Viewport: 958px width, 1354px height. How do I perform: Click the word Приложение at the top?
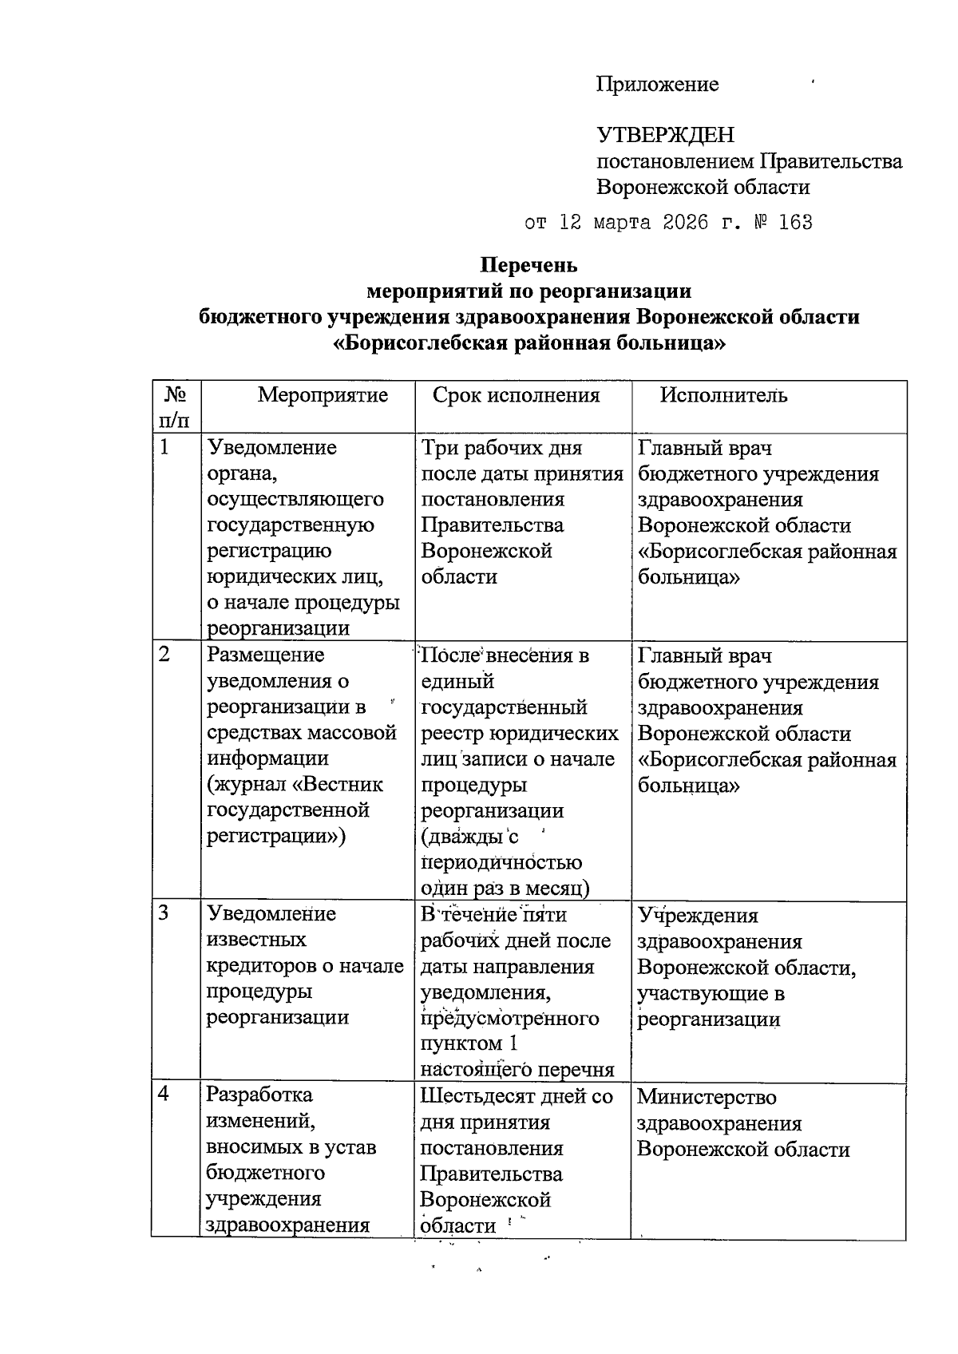[x=657, y=85]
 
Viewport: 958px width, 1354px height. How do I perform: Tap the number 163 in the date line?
[x=794, y=222]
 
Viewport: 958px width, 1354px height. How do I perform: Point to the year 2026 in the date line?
[x=685, y=222]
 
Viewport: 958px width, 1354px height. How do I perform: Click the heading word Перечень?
[x=528, y=264]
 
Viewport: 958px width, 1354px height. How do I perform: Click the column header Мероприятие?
[x=323, y=395]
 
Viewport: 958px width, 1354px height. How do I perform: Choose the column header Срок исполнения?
[x=516, y=395]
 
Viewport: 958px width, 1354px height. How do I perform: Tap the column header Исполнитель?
[x=723, y=395]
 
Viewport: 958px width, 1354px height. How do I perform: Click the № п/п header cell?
[x=176, y=406]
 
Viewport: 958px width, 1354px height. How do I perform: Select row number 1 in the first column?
[x=164, y=448]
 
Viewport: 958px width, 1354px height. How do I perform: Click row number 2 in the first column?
[x=164, y=655]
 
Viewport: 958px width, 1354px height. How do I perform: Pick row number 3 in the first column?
[x=164, y=914]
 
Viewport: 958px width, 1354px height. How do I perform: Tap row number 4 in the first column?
[x=164, y=1095]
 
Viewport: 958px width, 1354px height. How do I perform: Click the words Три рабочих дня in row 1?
[x=501, y=448]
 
